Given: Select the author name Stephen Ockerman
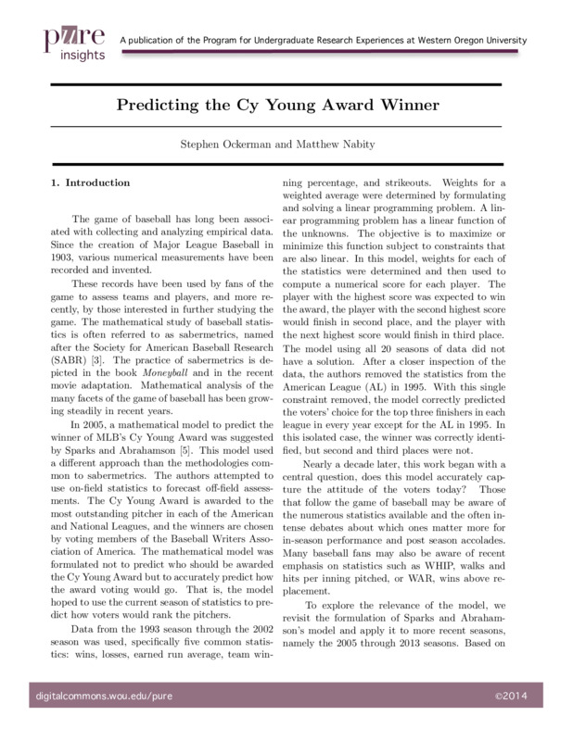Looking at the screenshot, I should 215,144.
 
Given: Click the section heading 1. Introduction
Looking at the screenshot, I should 91,182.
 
